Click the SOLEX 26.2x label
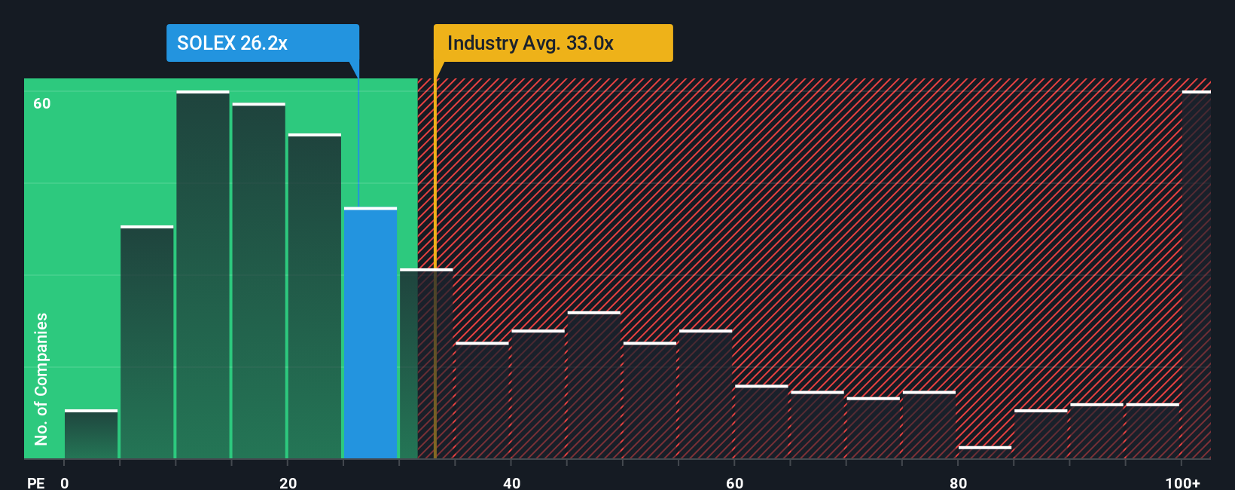tap(232, 43)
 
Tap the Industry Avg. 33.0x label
tap(530, 43)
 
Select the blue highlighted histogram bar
tap(370, 332)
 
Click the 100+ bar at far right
tap(1196, 274)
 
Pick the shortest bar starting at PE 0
tap(91, 434)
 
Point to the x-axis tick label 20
tap(288, 482)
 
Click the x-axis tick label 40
tap(511, 482)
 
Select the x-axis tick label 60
tap(734, 482)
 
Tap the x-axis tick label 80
tap(958, 482)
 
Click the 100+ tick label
tap(1182, 482)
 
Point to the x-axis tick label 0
tap(65, 482)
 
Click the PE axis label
tap(35, 482)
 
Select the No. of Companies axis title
tap(41, 378)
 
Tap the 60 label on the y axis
tap(42, 104)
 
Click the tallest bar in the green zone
tap(203, 274)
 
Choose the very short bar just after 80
tap(985, 452)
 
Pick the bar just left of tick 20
tap(258, 280)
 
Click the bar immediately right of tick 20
tap(315, 296)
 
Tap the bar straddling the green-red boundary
tap(426, 363)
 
